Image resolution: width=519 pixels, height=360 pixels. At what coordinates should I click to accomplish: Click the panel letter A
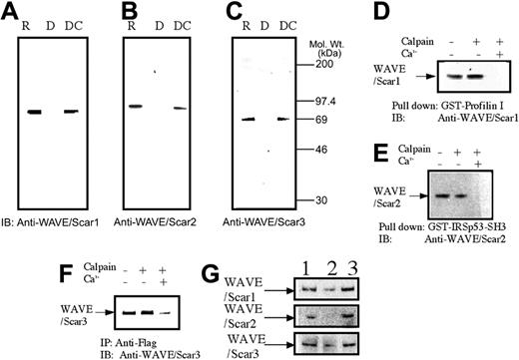[x=13, y=12]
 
